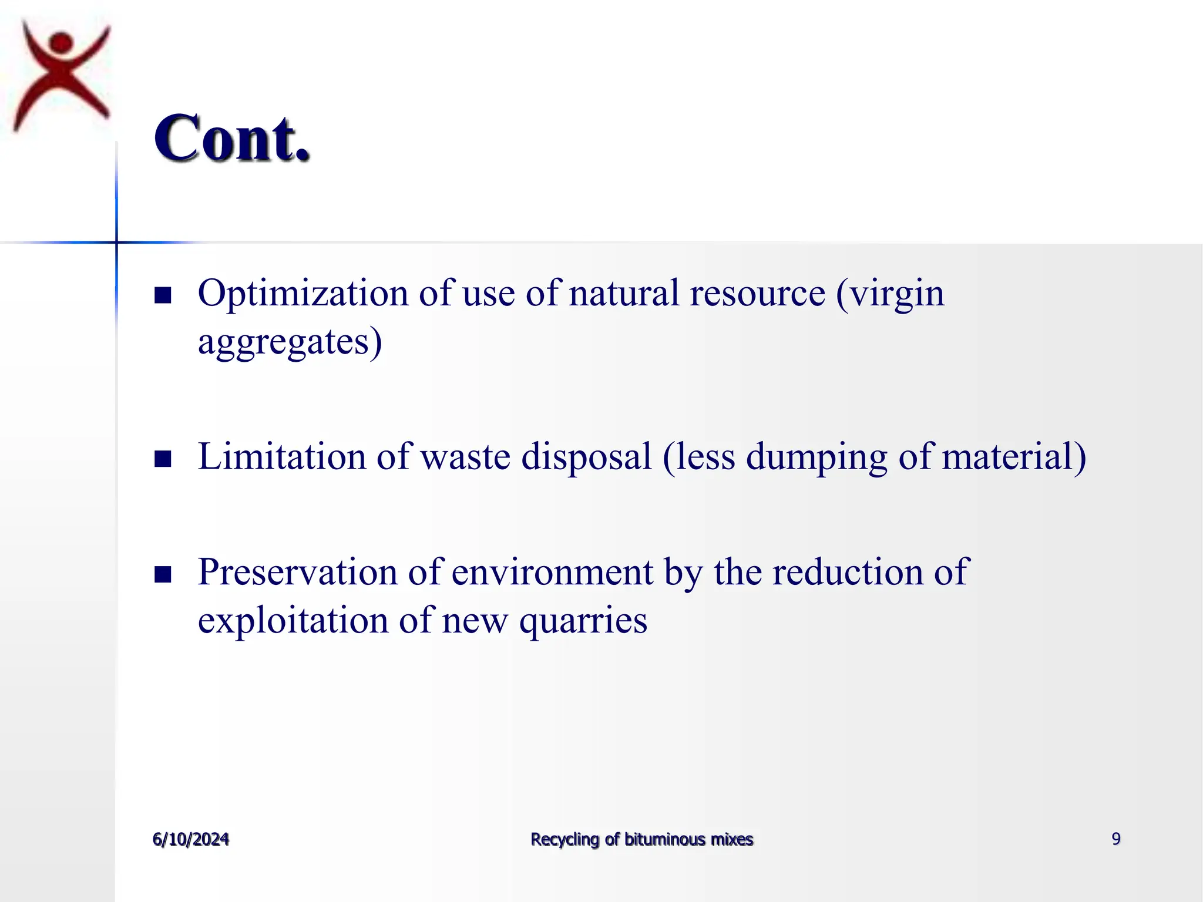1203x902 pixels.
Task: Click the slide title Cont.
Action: [x=232, y=139]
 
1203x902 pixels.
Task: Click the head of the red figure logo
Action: [x=61, y=43]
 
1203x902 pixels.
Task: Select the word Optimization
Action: [x=303, y=294]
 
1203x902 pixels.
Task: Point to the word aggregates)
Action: [x=290, y=342]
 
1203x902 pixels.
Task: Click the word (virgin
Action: [x=891, y=294]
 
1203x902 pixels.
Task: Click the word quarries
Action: [x=583, y=621]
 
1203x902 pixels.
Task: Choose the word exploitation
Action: [x=293, y=621]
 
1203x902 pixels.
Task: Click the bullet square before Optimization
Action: [x=163, y=295]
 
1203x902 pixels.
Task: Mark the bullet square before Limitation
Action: [x=163, y=458]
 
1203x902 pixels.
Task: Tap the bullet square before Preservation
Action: [x=163, y=574]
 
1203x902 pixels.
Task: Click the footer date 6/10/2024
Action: [x=191, y=839]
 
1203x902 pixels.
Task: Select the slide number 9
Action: [x=1116, y=839]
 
